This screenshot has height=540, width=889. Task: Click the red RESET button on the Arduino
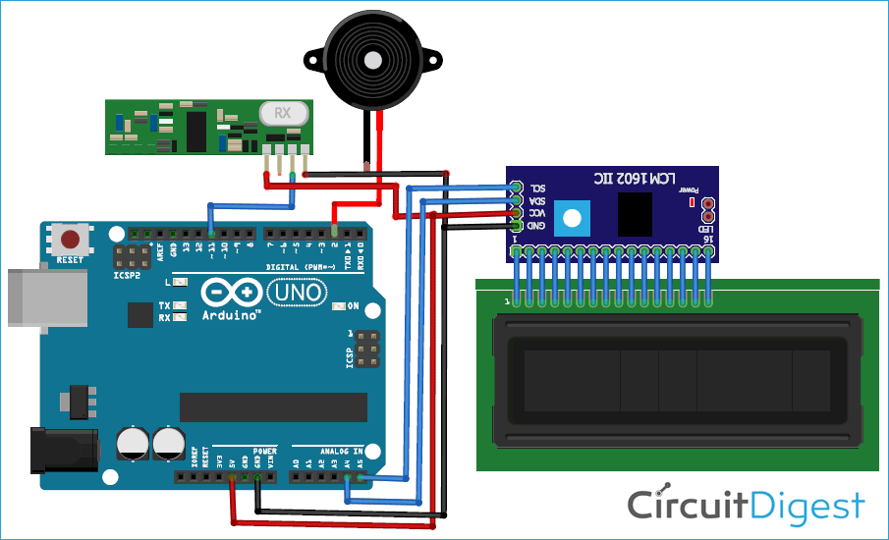click(70, 239)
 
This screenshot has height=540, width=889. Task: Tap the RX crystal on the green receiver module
click(282, 113)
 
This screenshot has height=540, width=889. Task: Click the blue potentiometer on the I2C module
click(572, 215)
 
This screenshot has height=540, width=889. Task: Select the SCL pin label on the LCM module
click(537, 188)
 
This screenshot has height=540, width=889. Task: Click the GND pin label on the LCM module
click(537, 226)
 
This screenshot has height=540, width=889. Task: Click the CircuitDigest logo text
click(747, 506)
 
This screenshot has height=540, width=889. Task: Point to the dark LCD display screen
click(677, 380)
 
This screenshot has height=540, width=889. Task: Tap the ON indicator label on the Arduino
click(353, 305)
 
